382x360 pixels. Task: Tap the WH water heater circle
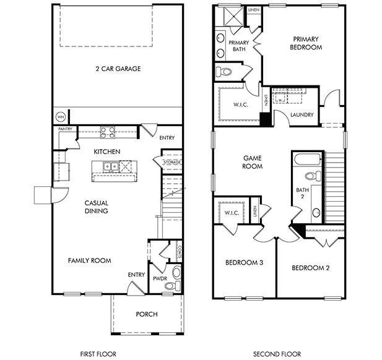61,116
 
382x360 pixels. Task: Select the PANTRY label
66,129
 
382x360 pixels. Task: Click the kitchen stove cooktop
107,132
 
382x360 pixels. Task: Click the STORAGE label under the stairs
171,162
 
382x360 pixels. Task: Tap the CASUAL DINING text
96,207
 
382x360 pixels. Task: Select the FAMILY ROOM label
89,260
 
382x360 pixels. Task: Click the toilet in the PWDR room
176,272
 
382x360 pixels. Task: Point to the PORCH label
147,314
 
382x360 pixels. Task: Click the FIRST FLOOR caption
98,354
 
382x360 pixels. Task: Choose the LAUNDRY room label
302,114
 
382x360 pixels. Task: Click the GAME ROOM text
252,162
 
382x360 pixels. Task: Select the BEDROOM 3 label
243,262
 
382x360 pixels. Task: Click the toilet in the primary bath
225,72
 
